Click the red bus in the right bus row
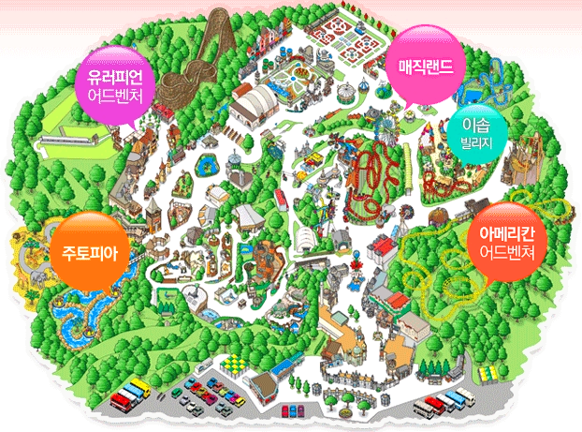[432, 406]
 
